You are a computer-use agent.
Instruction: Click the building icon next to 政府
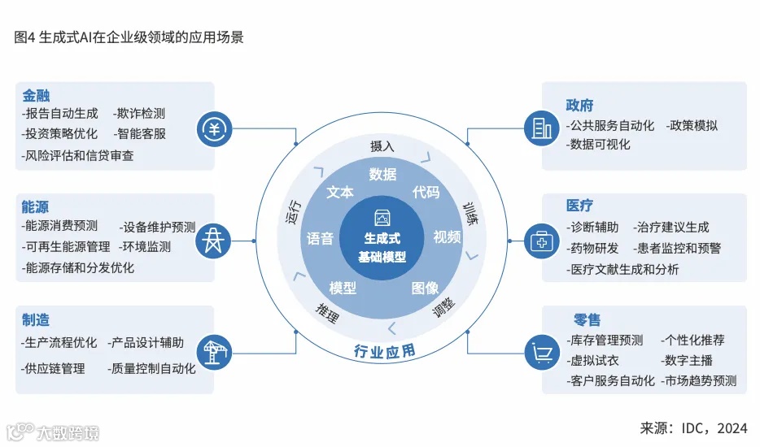(x=541, y=128)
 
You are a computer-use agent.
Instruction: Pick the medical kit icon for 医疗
(x=541, y=241)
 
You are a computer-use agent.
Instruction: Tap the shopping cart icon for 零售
(x=541, y=352)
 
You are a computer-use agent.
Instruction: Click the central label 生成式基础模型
(x=382, y=248)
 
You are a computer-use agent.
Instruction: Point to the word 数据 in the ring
(x=382, y=174)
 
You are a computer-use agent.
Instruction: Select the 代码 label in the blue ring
(x=426, y=193)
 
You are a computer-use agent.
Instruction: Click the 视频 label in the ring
(x=447, y=237)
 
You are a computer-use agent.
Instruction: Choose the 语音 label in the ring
(x=320, y=238)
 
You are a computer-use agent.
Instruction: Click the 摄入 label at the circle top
(x=382, y=146)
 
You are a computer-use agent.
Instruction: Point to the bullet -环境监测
(x=144, y=246)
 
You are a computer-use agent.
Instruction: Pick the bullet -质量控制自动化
(x=151, y=368)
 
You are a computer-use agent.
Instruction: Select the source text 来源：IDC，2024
(x=694, y=427)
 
